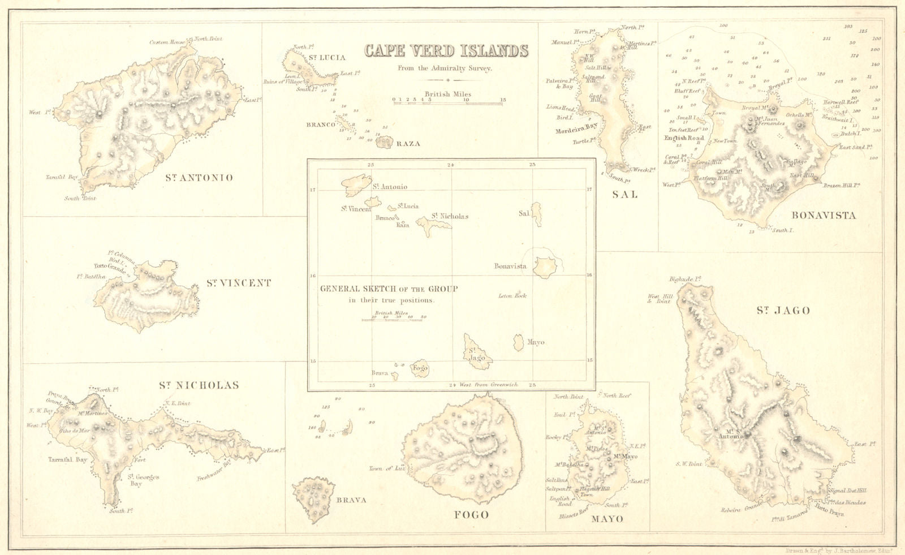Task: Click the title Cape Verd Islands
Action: point(446,51)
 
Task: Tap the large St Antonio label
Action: point(199,178)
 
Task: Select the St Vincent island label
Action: point(238,283)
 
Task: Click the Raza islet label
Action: point(408,144)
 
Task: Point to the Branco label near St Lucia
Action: point(321,124)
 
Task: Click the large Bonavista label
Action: point(824,215)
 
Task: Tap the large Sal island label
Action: point(624,195)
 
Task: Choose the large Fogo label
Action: point(471,515)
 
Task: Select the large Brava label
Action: point(351,500)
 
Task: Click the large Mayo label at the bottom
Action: point(607,519)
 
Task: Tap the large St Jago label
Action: point(783,310)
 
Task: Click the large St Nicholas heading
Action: point(199,385)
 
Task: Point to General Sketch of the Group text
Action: point(389,289)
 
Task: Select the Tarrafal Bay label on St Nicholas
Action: point(67,460)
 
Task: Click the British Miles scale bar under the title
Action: point(448,100)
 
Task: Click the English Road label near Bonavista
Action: point(684,138)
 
